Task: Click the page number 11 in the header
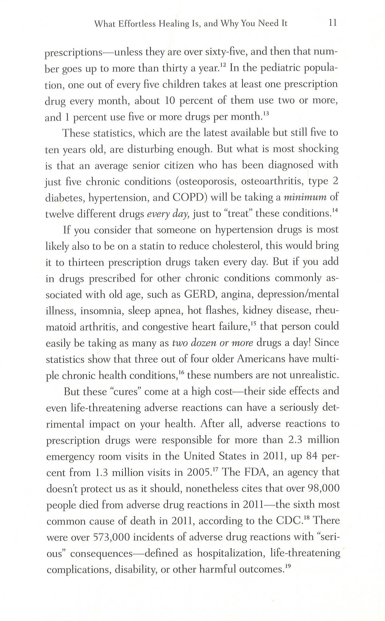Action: [332, 23]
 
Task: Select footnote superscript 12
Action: [223, 66]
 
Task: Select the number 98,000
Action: [323, 489]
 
